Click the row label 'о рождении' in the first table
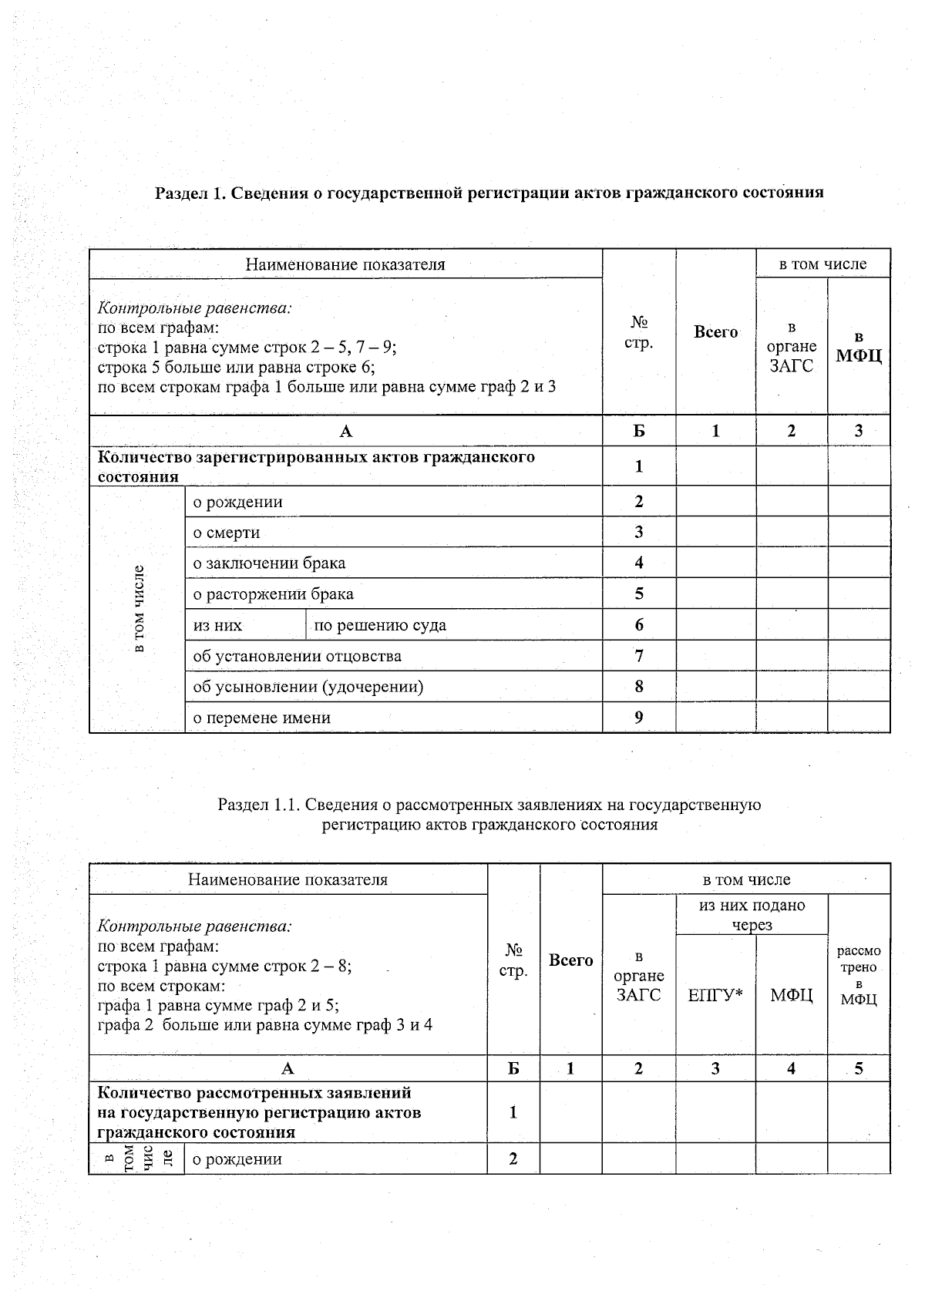[x=237, y=502]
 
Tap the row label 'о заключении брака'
[x=269, y=563]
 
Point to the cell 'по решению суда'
[x=380, y=625]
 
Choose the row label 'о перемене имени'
[x=261, y=718]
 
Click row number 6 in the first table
[x=639, y=625]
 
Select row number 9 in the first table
[x=639, y=718]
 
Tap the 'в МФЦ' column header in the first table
[x=859, y=347]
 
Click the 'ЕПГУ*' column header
[x=715, y=995]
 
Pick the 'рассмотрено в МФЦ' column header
[x=859, y=975]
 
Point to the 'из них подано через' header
[x=752, y=915]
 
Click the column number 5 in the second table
[x=859, y=1069]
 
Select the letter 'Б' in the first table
[x=639, y=432]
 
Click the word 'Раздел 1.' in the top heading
[x=190, y=193]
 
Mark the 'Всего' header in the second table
[x=570, y=960]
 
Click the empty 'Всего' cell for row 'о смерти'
[x=715, y=533]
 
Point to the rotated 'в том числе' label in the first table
[x=138, y=609]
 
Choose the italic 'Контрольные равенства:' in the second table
[x=194, y=926]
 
